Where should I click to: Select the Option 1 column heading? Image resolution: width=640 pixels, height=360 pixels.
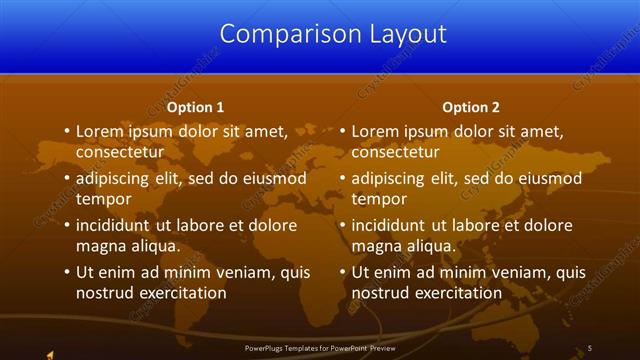click(x=195, y=107)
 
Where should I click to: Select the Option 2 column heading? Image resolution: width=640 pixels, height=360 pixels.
click(x=471, y=107)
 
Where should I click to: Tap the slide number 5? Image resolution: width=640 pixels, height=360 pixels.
click(x=590, y=347)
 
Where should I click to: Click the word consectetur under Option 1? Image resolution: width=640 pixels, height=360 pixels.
click(x=119, y=152)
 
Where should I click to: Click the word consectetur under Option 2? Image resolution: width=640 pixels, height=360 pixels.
click(x=395, y=152)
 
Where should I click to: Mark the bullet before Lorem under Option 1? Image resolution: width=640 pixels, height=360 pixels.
click(x=65, y=131)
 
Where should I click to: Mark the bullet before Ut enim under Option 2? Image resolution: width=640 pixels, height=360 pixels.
click(x=341, y=272)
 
